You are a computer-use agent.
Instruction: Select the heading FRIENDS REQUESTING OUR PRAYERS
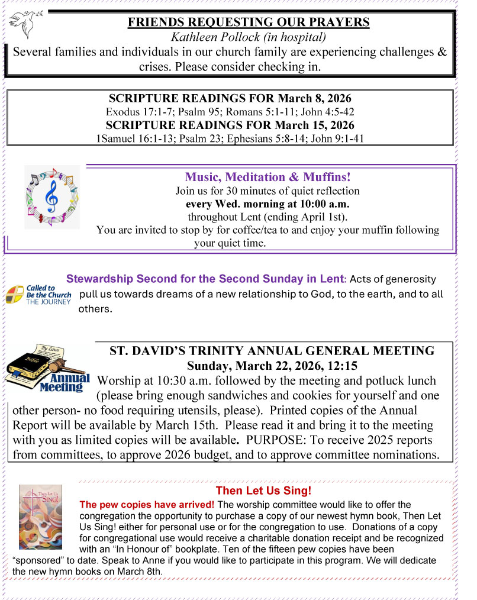click(x=249, y=22)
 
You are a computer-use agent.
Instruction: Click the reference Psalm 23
click(x=196, y=139)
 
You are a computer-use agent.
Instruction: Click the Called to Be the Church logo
click(x=38, y=294)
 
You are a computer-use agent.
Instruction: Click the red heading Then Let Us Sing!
click(x=263, y=491)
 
